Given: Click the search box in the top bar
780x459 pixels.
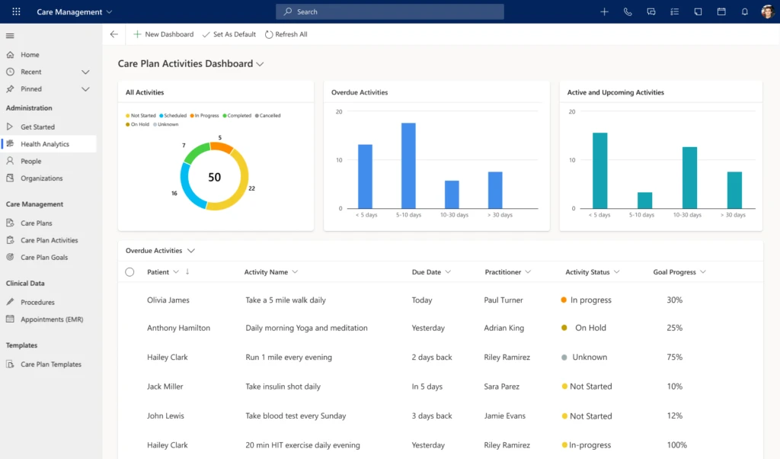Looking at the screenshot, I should click(x=389, y=11).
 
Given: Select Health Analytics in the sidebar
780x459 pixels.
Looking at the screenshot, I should click(x=44, y=144).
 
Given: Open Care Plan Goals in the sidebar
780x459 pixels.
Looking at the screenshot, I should click(x=43, y=258).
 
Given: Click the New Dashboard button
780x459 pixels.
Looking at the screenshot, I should click(x=163, y=34).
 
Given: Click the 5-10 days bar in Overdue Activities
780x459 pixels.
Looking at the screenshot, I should click(x=408, y=165).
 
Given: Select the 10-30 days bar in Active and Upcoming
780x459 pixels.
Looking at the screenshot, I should click(x=689, y=178).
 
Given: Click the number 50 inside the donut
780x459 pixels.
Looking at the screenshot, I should click(x=215, y=177).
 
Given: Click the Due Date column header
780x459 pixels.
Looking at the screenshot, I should click(x=427, y=272).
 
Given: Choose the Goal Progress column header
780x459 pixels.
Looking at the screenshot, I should click(x=674, y=272).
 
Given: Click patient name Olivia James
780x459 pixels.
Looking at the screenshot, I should click(x=168, y=300).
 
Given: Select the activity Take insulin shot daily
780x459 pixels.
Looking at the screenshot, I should click(x=283, y=387).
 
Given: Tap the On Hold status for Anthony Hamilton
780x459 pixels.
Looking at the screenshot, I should click(x=590, y=328).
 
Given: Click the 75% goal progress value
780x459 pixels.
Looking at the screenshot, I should click(x=674, y=357).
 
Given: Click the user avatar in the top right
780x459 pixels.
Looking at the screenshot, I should click(x=767, y=11).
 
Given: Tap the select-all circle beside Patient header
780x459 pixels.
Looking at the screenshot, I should click(x=129, y=272).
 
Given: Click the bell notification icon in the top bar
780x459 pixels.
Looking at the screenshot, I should click(x=744, y=11).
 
